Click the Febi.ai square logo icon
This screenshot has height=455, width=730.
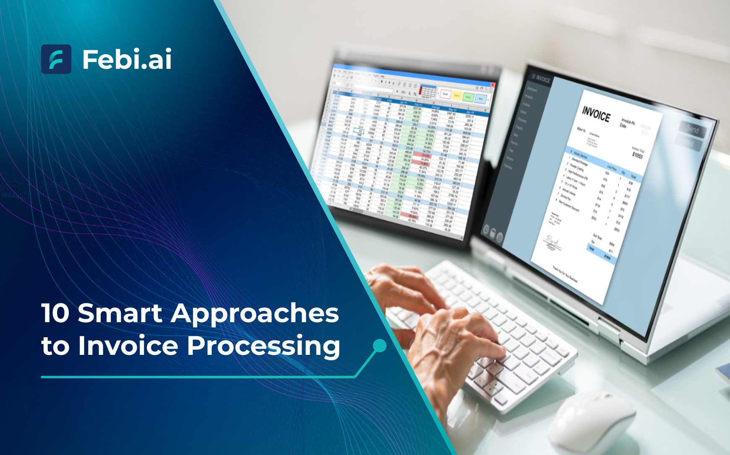click(x=56, y=59)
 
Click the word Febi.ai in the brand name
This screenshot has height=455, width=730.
click(x=127, y=59)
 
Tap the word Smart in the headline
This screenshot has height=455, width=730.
click(x=120, y=313)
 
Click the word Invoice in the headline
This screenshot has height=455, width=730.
click(x=128, y=346)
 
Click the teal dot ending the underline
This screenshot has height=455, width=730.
click(x=379, y=346)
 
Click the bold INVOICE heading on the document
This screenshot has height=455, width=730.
click(x=596, y=114)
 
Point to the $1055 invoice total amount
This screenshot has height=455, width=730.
click(x=637, y=155)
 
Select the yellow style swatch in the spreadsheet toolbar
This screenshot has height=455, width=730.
click(x=456, y=96)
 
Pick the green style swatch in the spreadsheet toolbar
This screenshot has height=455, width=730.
click(x=468, y=97)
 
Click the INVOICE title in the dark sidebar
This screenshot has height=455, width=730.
click(x=541, y=78)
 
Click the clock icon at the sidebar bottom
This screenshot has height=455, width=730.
click(x=486, y=230)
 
